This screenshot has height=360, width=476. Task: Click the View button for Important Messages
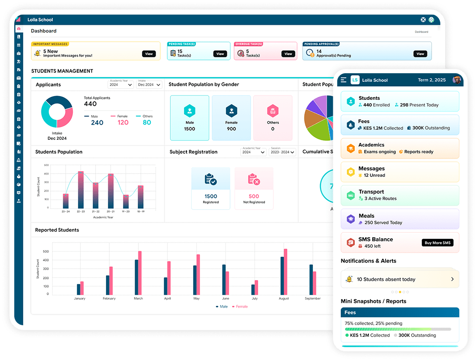[149, 54]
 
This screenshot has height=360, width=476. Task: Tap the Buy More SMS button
[437, 243]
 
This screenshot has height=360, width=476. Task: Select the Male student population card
[189, 118]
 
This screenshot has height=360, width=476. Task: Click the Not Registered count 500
[254, 196]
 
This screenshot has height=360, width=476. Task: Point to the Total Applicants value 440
[90, 104]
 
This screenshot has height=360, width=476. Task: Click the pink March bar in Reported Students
[140, 272]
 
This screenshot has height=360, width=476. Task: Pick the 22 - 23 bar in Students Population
[81, 190]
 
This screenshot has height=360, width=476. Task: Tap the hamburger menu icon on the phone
[343, 80]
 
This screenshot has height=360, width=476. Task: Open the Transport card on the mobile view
[400, 195]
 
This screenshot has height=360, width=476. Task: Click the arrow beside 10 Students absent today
[452, 279]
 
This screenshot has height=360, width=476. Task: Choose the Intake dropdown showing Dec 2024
[149, 85]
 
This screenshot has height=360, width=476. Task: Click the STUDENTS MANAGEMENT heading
[62, 71]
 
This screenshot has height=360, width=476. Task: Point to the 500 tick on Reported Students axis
[46, 251]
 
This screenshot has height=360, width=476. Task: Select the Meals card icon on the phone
[350, 219]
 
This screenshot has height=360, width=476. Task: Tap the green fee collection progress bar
[388, 329]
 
